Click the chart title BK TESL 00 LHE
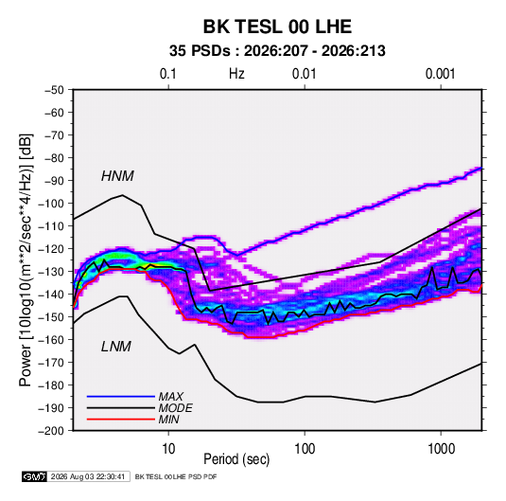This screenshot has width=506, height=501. pyautogui.click(x=277, y=27)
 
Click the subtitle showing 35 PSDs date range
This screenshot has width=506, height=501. pyautogui.click(x=277, y=51)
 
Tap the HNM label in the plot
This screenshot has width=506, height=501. pyautogui.click(x=117, y=176)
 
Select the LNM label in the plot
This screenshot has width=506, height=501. pyautogui.click(x=116, y=347)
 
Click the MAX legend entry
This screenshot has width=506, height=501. pyautogui.click(x=170, y=396)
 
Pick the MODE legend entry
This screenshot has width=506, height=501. pyautogui.click(x=175, y=408)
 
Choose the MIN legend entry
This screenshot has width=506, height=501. pyautogui.click(x=168, y=420)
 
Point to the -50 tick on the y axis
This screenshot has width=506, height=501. pyautogui.click(x=54, y=90)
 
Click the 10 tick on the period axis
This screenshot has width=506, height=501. pyautogui.click(x=168, y=449)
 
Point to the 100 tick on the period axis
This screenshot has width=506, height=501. pyautogui.click(x=305, y=449)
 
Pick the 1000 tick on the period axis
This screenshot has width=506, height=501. pyautogui.click(x=441, y=449)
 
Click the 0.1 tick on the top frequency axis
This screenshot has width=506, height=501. pyautogui.click(x=168, y=74)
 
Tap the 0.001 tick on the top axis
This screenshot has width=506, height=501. pyautogui.click(x=441, y=74)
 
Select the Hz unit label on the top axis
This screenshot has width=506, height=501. pyautogui.click(x=236, y=74)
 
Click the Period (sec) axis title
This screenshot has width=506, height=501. pyautogui.click(x=236, y=459)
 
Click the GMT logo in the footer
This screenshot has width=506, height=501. pyautogui.click(x=35, y=476)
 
